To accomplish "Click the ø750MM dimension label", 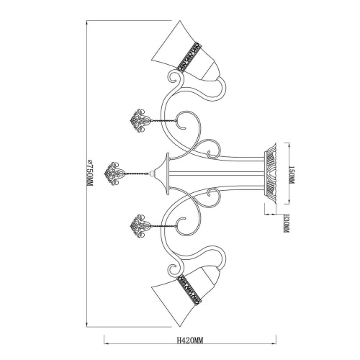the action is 89,172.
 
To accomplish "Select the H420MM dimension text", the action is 190,341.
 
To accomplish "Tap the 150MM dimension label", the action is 292,174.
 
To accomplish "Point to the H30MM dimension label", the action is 286,224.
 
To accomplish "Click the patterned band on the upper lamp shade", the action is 189,57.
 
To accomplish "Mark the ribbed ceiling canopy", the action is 271,174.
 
